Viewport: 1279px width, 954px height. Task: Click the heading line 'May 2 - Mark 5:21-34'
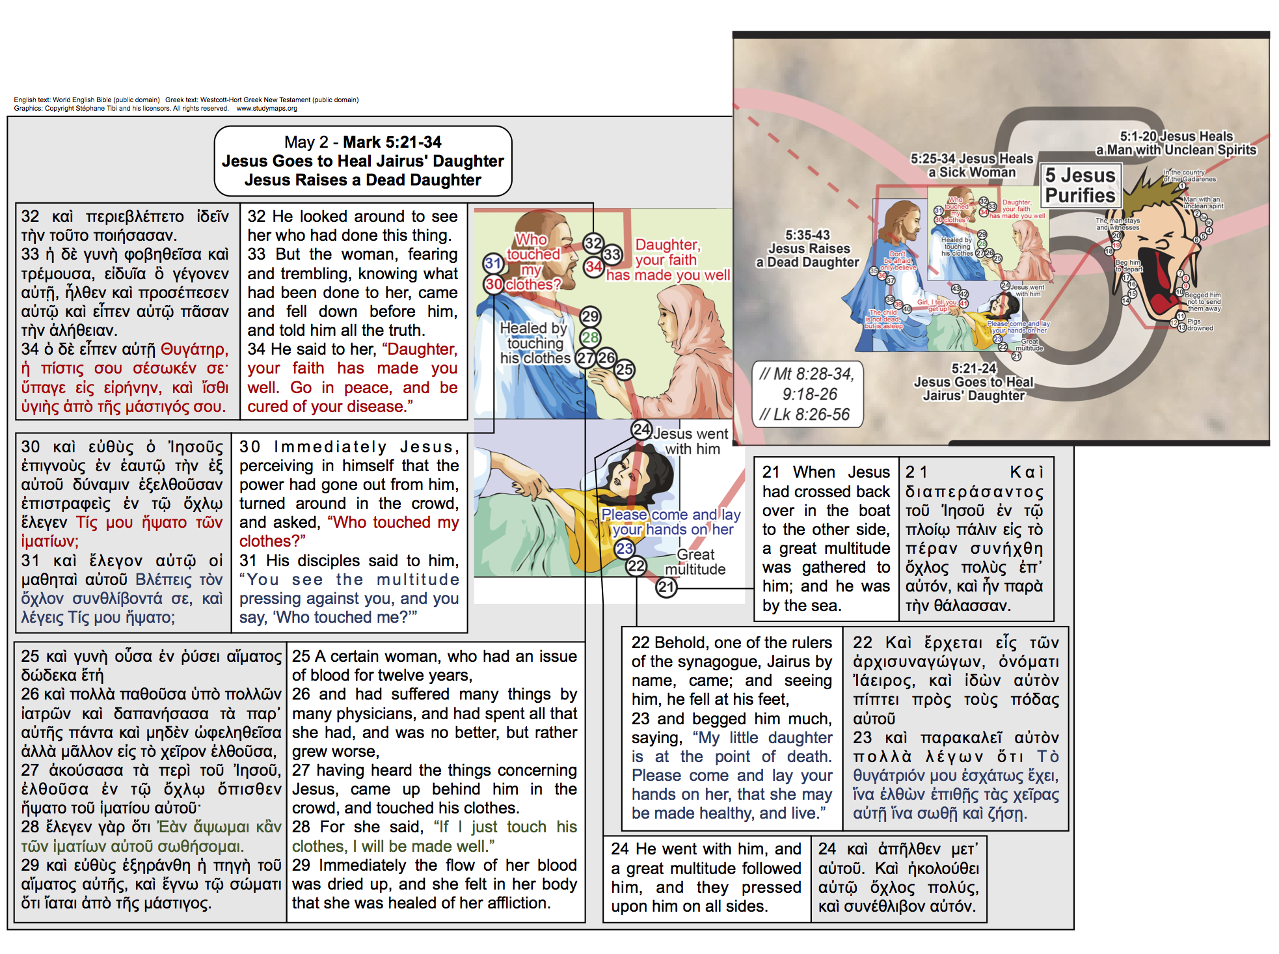[362, 142]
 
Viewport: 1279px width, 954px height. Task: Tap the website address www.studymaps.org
[266, 109]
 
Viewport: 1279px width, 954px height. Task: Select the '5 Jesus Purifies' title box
[1079, 185]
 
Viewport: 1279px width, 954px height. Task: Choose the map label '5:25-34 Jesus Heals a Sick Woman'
[971, 165]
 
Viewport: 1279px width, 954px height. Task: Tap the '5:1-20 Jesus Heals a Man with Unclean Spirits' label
[1176, 143]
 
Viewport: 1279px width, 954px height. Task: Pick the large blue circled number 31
[493, 264]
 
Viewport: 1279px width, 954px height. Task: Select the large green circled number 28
[590, 337]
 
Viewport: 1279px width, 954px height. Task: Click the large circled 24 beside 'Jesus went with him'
[641, 429]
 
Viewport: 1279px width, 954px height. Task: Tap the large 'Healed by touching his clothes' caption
[535, 343]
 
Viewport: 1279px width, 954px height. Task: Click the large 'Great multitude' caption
[695, 562]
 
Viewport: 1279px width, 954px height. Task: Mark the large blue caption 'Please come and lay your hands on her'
[671, 522]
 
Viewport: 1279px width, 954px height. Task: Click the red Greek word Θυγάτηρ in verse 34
[195, 349]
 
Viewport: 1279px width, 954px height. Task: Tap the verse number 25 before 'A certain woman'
[302, 657]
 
